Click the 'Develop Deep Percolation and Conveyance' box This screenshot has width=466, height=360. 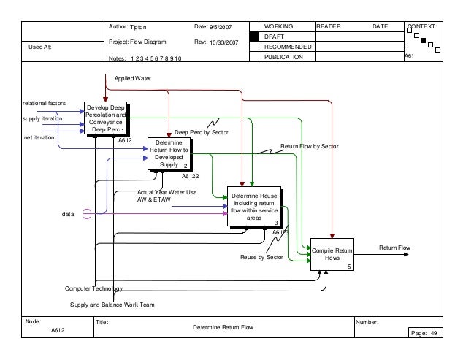click(106, 118)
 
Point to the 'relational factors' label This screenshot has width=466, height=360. click(45, 103)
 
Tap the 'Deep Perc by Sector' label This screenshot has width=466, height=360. click(202, 132)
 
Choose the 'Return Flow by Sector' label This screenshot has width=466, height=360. click(310, 147)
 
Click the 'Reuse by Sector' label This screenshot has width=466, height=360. click(261, 257)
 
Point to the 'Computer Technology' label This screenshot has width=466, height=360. click(94, 289)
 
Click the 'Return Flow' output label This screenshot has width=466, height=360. click(394, 248)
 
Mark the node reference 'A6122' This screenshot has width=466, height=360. click(191, 176)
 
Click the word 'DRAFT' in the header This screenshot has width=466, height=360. click(274, 36)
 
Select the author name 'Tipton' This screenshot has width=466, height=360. click(138, 26)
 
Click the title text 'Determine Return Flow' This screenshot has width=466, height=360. click(223, 327)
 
